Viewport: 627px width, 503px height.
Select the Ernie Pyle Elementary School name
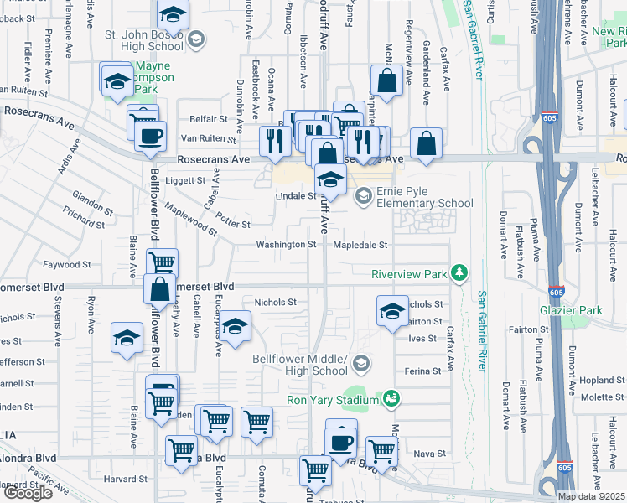[x=425, y=197]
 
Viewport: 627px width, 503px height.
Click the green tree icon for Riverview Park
[x=459, y=272]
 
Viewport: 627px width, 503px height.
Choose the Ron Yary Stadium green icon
[x=391, y=399]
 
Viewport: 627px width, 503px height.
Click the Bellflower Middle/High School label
[x=299, y=364]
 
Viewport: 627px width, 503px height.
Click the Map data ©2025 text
[x=592, y=496]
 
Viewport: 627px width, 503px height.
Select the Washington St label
[x=286, y=245]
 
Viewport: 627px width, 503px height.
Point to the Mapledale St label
[x=360, y=245]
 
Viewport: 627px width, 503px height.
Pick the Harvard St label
[x=127, y=479]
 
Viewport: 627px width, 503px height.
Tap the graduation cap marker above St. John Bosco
[x=174, y=13]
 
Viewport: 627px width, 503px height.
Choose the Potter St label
[x=233, y=224]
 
